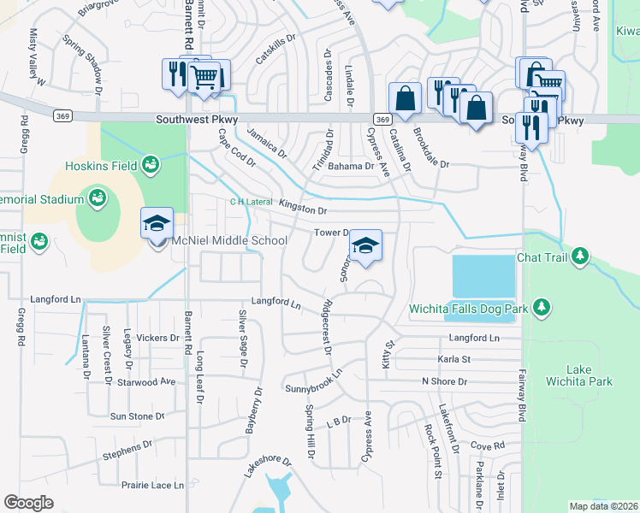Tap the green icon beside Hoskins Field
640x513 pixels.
tap(151, 163)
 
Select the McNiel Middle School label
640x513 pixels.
tap(229, 240)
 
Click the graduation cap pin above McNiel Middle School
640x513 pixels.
tap(157, 223)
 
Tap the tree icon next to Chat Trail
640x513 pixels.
tap(580, 256)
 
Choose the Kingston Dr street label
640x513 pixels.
tap(304, 209)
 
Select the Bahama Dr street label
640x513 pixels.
tap(351, 167)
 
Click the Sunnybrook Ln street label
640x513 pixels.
tap(313, 381)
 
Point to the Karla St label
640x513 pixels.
tap(454, 360)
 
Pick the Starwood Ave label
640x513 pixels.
tap(146, 381)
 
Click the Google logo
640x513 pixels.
tap(29, 503)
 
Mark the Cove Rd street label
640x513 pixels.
tap(488, 445)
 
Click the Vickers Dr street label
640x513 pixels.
tap(157, 338)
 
